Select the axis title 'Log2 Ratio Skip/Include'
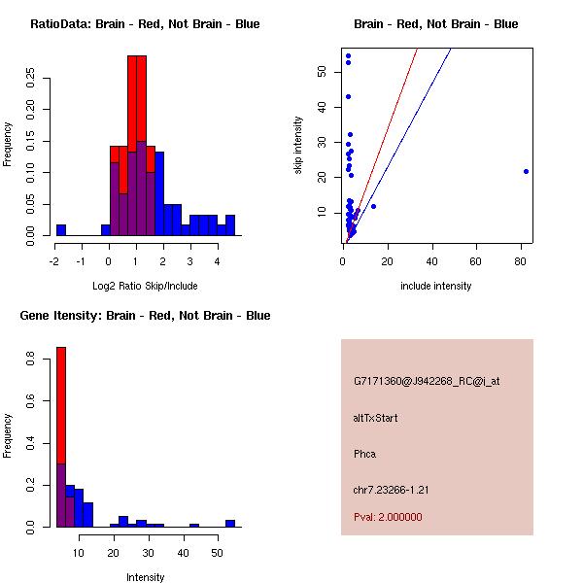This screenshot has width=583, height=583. (x=145, y=286)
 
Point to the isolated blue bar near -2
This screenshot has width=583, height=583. (x=60, y=230)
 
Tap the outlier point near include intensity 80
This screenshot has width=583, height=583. (x=526, y=171)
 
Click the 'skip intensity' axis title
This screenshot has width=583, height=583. (x=298, y=146)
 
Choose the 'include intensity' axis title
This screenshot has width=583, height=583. (x=435, y=286)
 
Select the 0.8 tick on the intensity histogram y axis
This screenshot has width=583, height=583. (x=31, y=360)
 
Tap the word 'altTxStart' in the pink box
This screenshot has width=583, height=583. (x=376, y=418)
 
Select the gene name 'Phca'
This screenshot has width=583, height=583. (x=365, y=454)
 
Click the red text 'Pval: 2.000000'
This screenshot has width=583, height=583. (x=388, y=517)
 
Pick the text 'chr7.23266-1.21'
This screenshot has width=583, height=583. (x=392, y=490)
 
